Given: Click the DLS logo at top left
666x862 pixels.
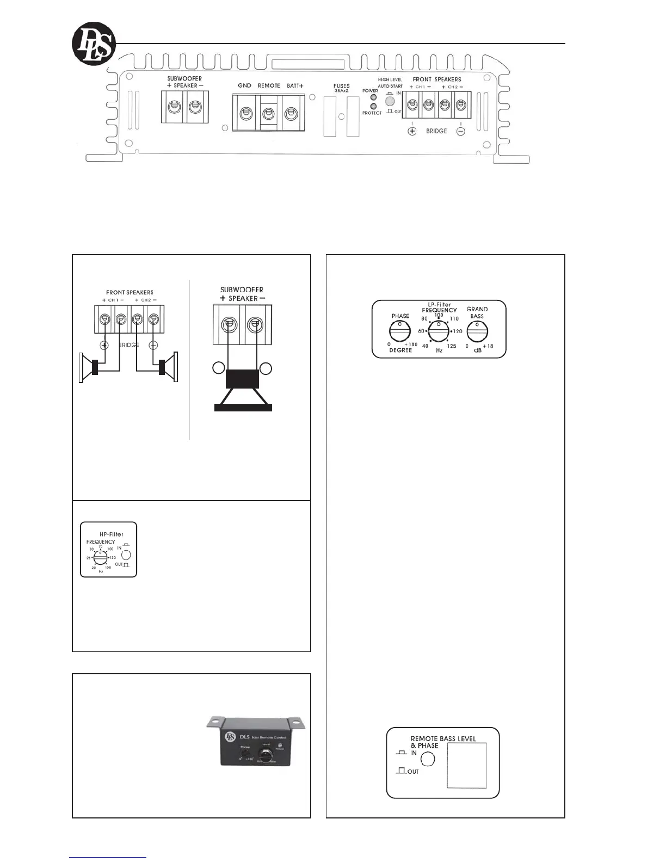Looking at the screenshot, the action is click(x=94, y=44).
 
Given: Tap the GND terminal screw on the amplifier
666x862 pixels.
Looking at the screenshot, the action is click(x=245, y=113).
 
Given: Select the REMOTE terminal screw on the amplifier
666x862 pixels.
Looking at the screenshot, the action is click(x=268, y=113).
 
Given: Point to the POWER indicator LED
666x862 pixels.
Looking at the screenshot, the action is click(x=374, y=97).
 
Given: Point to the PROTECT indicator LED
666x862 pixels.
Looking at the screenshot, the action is click(x=374, y=106).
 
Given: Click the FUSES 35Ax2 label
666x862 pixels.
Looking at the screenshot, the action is click(x=342, y=88).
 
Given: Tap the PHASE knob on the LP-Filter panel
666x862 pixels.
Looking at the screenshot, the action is click(x=400, y=330).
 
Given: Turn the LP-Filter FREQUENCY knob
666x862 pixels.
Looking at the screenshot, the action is click(x=439, y=330).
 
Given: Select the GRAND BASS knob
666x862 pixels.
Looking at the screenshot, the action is click(x=477, y=330).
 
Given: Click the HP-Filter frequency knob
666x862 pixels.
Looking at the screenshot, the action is click(x=101, y=558).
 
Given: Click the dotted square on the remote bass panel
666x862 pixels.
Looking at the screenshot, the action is click(x=466, y=765).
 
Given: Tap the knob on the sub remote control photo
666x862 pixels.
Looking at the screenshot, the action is click(x=267, y=755).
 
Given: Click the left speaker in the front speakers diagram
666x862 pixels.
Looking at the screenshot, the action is click(x=89, y=367).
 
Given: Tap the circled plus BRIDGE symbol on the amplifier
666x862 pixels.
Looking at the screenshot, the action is click(x=412, y=131).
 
